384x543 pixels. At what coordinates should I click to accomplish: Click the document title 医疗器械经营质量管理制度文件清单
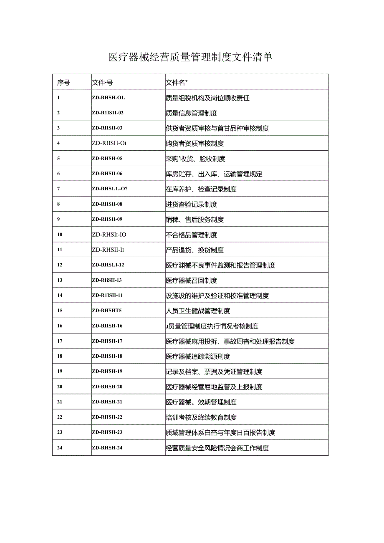point(190,57)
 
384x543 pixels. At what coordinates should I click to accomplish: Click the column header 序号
point(63,83)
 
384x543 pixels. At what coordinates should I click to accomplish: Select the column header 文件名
point(177,83)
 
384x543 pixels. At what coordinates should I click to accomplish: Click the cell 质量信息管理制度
point(191,113)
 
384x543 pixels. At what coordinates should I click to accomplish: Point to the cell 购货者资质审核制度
point(195,144)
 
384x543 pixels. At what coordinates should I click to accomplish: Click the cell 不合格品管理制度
point(191,235)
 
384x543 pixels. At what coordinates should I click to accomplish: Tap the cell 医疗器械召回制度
point(191,280)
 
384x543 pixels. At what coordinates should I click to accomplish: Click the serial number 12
point(60,265)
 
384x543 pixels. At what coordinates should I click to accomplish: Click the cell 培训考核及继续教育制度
point(201,417)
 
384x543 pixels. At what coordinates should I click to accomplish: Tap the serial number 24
point(60,448)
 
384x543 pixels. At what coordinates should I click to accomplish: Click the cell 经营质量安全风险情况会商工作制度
point(217,448)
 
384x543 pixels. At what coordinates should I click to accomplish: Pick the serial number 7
point(58,189)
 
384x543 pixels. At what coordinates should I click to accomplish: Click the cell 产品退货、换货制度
point(195,250)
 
